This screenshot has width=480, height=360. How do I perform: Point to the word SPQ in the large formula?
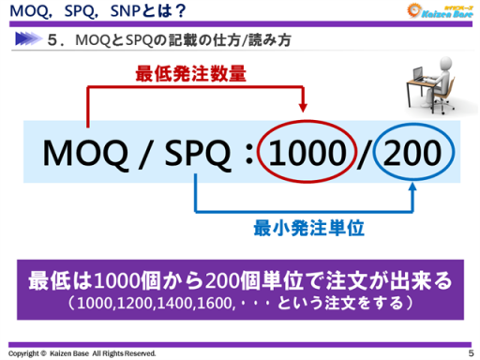(192, 151)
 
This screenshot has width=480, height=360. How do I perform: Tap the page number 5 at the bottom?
(471, 352)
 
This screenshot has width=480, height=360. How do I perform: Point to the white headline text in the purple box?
(240, 280)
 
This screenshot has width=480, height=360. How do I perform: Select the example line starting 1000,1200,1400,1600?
(240, 303)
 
